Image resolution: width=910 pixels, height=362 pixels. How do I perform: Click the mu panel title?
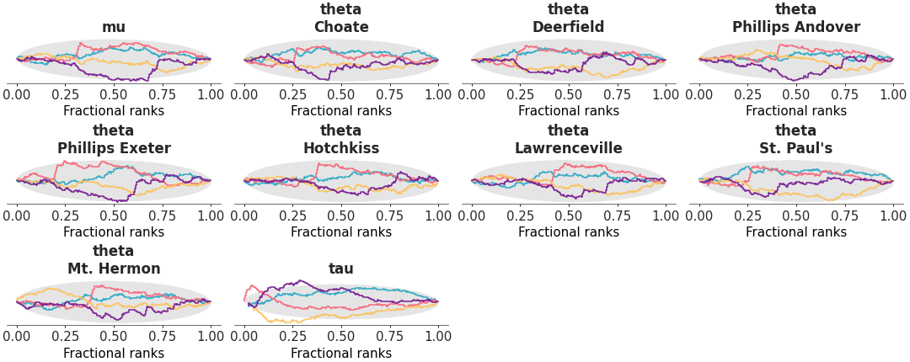114,27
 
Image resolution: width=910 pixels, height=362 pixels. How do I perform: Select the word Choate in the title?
341,27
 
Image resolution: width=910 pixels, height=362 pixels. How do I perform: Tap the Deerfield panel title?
569,27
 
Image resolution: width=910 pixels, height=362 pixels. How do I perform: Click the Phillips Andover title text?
796,27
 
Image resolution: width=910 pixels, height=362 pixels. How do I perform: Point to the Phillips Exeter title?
114,148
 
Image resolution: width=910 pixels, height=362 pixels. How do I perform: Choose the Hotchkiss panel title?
341,148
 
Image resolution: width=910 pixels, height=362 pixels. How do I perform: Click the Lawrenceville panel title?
569,148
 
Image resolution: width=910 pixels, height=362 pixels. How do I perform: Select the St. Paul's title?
796,148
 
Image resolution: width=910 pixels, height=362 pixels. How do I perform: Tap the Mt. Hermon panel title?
114,269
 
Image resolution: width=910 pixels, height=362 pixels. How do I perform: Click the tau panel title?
341,269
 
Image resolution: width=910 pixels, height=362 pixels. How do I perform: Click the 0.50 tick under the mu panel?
114,94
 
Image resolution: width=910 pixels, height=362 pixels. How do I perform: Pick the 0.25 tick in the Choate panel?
292,94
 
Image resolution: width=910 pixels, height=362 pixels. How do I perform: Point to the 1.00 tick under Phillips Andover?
893,94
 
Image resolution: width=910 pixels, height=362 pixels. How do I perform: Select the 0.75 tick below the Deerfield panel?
618,94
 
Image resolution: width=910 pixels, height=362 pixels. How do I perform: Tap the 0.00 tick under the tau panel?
244,337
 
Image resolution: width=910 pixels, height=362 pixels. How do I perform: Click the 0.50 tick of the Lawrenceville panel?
569,216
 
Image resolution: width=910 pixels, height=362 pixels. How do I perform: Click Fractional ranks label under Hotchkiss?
341,232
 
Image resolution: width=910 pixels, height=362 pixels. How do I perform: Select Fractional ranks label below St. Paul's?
796,232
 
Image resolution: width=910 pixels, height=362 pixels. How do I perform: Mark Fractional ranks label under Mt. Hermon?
114,354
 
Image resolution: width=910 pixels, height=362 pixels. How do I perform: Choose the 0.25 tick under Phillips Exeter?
65,216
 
